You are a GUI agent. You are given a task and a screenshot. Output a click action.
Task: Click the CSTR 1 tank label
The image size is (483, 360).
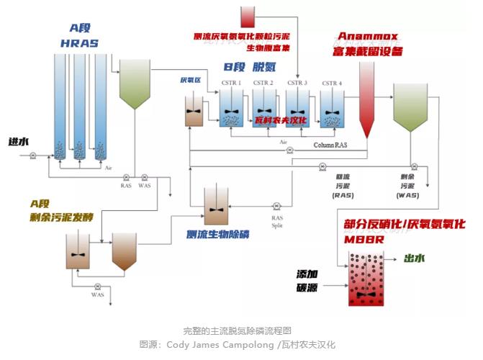pyautogui.click(x=232, y=84)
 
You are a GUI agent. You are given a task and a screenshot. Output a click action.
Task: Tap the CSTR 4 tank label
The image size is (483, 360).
pyautogui.click(x=332, y=84)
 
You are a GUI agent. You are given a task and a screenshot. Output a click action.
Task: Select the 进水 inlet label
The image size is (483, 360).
pyautogui.click(x=18, y=142)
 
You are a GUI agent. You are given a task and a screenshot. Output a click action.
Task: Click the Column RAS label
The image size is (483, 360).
pyautogui.click(x=330, y=145)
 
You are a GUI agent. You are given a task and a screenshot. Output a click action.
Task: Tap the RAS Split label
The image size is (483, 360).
pyautogui.click(x=277, y=220)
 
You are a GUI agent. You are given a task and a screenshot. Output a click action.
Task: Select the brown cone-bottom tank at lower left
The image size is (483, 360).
pyautogui.click(x=125, y=252)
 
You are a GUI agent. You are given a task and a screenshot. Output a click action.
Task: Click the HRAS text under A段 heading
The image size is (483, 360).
pyautogui.click(x=79, y=43)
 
